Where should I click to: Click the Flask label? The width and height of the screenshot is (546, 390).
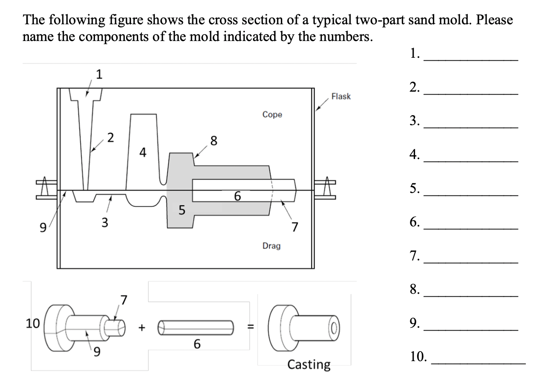point(340,96)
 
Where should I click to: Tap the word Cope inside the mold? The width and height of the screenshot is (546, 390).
point(272,114)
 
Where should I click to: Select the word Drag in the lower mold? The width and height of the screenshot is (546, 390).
point(271,246)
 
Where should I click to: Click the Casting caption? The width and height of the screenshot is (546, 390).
point(309,364)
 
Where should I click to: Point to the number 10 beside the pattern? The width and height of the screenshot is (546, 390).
point(33,323)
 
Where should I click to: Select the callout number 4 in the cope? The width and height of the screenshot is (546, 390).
point(143,153)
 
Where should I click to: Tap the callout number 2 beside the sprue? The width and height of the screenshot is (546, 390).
point(110,137)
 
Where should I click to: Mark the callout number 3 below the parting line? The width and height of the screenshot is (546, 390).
point(105,222)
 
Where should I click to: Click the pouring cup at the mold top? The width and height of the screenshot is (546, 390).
point(86,95)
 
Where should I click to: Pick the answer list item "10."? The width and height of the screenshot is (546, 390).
point(419,357)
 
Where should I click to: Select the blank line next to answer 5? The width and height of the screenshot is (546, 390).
point(471,195)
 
